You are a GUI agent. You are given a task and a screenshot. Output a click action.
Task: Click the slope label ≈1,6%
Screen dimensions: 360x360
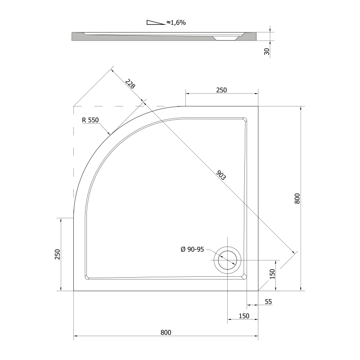(x=176, y=22)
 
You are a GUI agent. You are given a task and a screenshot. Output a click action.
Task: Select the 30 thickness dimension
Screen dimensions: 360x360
(x=267, y=52)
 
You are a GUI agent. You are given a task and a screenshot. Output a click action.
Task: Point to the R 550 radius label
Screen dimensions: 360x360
(x=90, y=120)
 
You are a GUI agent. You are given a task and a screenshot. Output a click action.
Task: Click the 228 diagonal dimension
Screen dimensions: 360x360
(x=130, y=84)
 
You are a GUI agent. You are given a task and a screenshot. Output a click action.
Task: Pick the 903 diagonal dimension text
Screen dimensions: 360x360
(x=221, y=175)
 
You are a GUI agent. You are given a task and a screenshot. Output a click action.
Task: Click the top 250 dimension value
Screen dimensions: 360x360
(x=221, y=90)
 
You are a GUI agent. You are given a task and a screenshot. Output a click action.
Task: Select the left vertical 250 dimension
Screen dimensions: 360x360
(x=58, y=254)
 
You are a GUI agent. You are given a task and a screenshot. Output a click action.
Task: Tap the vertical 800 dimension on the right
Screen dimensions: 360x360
(x=297, y=198)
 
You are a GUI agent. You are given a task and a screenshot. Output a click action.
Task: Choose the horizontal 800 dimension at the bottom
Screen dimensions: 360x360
(x=166, y=333)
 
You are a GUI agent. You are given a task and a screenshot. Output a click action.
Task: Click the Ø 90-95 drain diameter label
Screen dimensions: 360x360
(x=192, y=249)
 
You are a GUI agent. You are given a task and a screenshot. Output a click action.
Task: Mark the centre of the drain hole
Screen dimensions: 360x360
(x=227, y=260)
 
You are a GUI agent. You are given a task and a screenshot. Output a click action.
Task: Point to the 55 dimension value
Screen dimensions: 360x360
(x=268, y=301)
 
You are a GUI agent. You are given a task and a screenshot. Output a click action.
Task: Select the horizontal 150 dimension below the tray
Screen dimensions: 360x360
(x=244, y=316)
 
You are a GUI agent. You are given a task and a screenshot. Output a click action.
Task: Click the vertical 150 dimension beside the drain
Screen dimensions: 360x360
(x=272, y=274)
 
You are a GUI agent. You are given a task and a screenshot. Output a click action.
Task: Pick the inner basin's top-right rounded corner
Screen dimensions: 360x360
(x=245, y=120)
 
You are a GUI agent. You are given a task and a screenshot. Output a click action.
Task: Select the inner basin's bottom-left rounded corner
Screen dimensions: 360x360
(x=87, y=277)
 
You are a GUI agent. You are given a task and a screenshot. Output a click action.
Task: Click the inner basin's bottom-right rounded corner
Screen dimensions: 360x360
(x=245, y=277)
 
